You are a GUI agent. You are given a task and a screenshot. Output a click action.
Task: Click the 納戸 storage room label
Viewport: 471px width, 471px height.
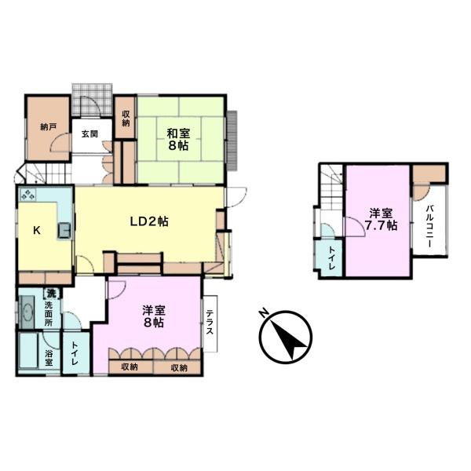pos(48,127)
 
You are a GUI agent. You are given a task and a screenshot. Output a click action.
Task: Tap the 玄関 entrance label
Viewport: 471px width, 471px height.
pos(89,134)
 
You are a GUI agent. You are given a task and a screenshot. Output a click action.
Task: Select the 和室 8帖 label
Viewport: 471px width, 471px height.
pos(179,139)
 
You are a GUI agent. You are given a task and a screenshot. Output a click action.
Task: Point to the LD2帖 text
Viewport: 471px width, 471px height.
pos(149,221)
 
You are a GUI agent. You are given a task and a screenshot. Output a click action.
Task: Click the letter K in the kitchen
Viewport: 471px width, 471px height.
pos(37,230)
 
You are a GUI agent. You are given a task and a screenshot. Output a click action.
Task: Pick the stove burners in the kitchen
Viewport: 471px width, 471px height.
pos(27,195)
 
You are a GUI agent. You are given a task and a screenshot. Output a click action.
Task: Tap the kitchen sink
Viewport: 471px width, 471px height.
pos(64,229)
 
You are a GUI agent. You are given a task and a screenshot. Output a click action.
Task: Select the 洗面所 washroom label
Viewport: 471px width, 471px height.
pos(49,314)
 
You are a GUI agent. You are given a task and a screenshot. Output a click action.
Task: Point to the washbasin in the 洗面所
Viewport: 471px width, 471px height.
pos(27,312)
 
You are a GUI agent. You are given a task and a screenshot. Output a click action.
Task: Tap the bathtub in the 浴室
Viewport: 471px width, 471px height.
pos(28,351)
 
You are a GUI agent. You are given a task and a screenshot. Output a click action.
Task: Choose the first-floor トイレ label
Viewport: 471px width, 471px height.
pos(75,353)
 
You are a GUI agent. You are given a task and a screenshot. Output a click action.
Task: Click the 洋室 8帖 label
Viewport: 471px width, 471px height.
pos(154,316)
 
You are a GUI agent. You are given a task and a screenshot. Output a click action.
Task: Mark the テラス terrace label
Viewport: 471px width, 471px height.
pos(210,323)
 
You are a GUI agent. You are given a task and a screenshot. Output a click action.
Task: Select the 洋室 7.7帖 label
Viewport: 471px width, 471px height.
pos(381,219)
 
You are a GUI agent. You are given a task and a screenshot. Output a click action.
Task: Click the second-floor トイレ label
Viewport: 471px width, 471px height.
pos(330,258)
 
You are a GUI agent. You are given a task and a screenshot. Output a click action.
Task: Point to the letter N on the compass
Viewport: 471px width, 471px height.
pos(264,313)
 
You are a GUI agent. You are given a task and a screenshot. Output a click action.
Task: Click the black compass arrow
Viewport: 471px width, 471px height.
pos(288,338)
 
